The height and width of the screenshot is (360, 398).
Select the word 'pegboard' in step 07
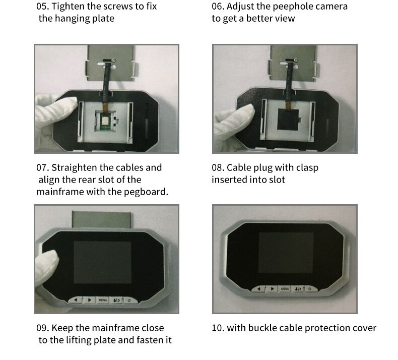(x=145, y=192)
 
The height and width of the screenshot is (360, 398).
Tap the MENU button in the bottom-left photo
(x=103, y=300)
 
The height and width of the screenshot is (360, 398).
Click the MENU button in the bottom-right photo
(x=285, y=289)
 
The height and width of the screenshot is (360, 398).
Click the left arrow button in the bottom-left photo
(x=76, y=300)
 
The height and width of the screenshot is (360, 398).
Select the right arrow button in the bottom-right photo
(x=272, y=289)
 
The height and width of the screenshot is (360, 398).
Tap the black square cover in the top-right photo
(x=288, y=119)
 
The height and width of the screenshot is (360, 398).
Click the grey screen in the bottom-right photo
(x=286, y=253)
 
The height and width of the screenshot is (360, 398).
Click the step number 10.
(x=218, y=328)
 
